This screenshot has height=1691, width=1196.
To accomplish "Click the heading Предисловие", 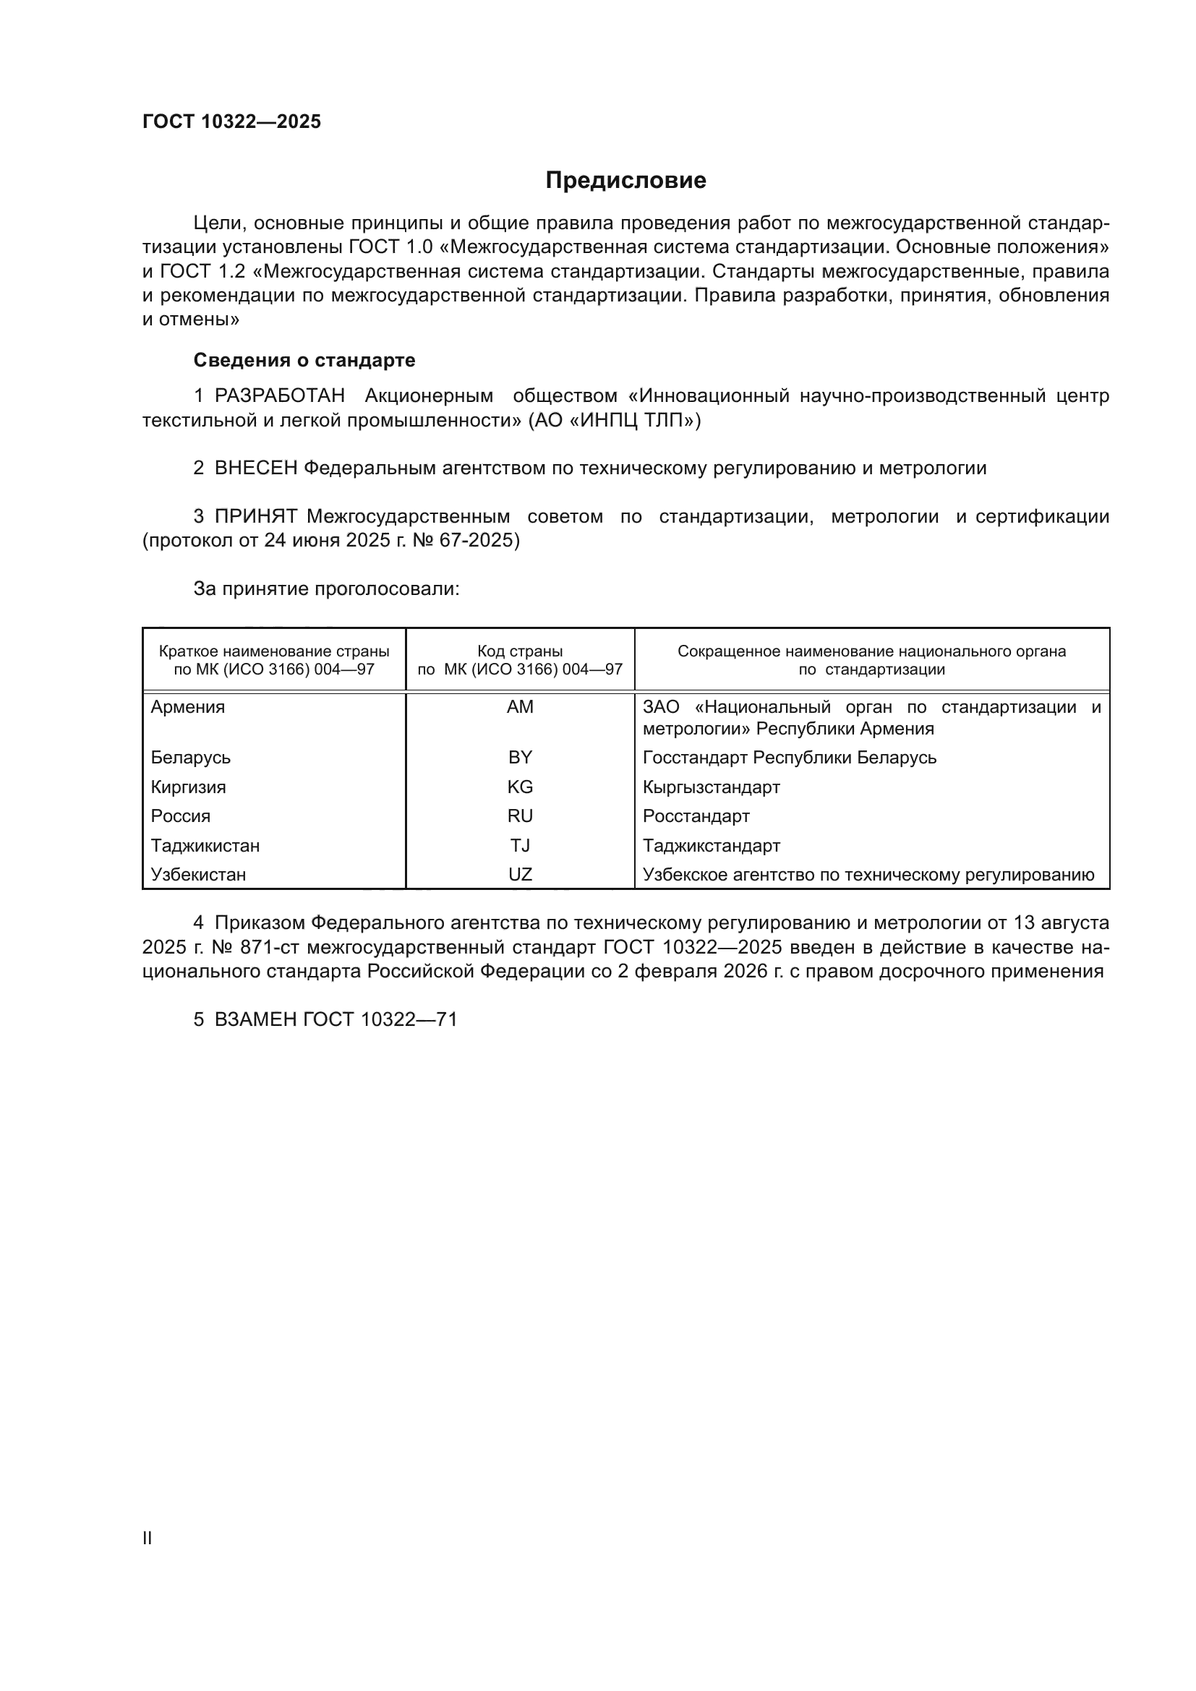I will point(625,181).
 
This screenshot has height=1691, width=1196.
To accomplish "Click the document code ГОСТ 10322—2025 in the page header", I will point(231,121).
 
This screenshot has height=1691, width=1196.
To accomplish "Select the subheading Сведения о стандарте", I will point(304,360).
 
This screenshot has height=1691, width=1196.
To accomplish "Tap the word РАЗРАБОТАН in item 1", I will point(280,396).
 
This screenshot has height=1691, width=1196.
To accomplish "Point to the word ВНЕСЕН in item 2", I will point(255,468).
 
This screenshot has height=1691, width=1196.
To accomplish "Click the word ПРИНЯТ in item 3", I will point(255,517).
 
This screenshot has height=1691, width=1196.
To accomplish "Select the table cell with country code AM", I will point(520,707).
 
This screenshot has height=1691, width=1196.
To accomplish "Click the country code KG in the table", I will point(520,787).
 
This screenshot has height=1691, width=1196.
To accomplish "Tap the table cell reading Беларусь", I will point(191,758).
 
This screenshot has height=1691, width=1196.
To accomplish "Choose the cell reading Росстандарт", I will point(696,816).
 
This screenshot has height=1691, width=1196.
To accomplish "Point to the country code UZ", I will point(520,875).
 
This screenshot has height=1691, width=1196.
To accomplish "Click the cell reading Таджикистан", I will point(205,846).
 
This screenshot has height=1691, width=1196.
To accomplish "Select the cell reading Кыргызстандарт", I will point(712,787).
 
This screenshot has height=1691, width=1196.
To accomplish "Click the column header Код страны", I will point(520,651).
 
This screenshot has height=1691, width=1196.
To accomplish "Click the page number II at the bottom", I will point(148,1538).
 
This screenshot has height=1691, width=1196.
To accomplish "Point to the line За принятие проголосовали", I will point(326,589).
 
